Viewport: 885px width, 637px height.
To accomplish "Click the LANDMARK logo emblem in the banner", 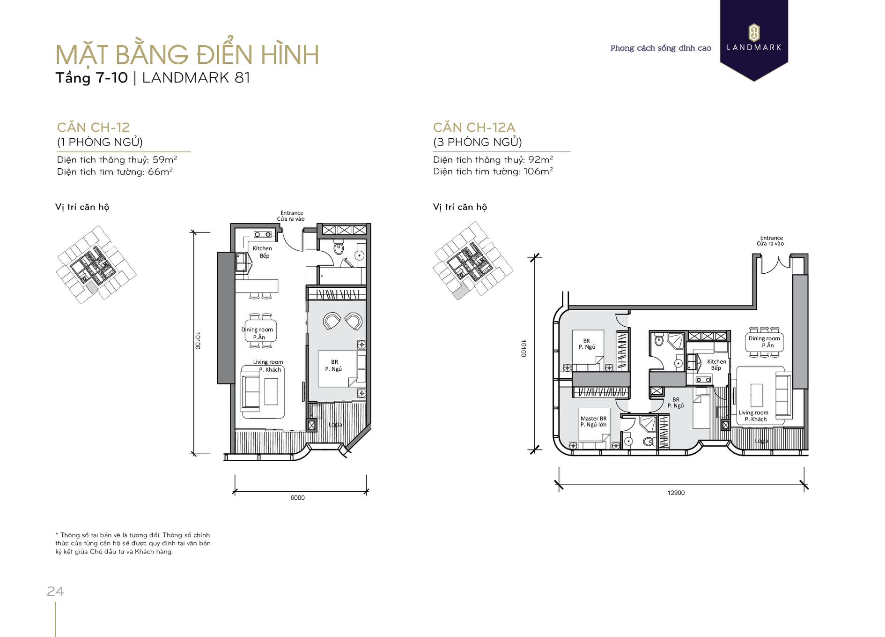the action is tap(754, 32).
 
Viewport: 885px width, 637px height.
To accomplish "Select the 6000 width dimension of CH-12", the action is tap(297, 498).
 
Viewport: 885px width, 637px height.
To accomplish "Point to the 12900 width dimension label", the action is tap(676, 493).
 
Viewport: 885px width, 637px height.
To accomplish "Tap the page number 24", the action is tap(55, 591).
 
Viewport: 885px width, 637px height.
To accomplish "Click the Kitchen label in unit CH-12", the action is tap(262, 248).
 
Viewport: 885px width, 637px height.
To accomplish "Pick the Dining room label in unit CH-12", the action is tap(257, 330).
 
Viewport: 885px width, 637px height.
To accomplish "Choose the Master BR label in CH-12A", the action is tap(593, 419).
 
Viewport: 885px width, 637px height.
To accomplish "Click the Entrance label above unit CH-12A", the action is tap(772, 238).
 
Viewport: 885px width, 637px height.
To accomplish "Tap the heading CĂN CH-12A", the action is tap(474, 127).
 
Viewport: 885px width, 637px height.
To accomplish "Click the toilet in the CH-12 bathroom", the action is tap(339, 247).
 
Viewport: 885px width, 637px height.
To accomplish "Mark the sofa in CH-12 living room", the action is tap(251, 391).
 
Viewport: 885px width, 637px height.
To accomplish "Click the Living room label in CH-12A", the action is tap(753, 412).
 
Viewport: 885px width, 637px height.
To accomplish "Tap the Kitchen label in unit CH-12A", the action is tap(717, 361).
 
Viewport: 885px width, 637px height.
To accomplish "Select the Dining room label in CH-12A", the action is tap(764, 338).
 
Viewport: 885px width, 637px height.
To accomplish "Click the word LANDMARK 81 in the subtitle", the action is tap(196, 78).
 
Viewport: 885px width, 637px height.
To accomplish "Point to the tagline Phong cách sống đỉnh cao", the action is tap(661, 48).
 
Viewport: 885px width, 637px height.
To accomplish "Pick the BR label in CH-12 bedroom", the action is tap(334, 362).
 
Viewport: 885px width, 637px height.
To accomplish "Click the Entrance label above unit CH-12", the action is tap(292, 213).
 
